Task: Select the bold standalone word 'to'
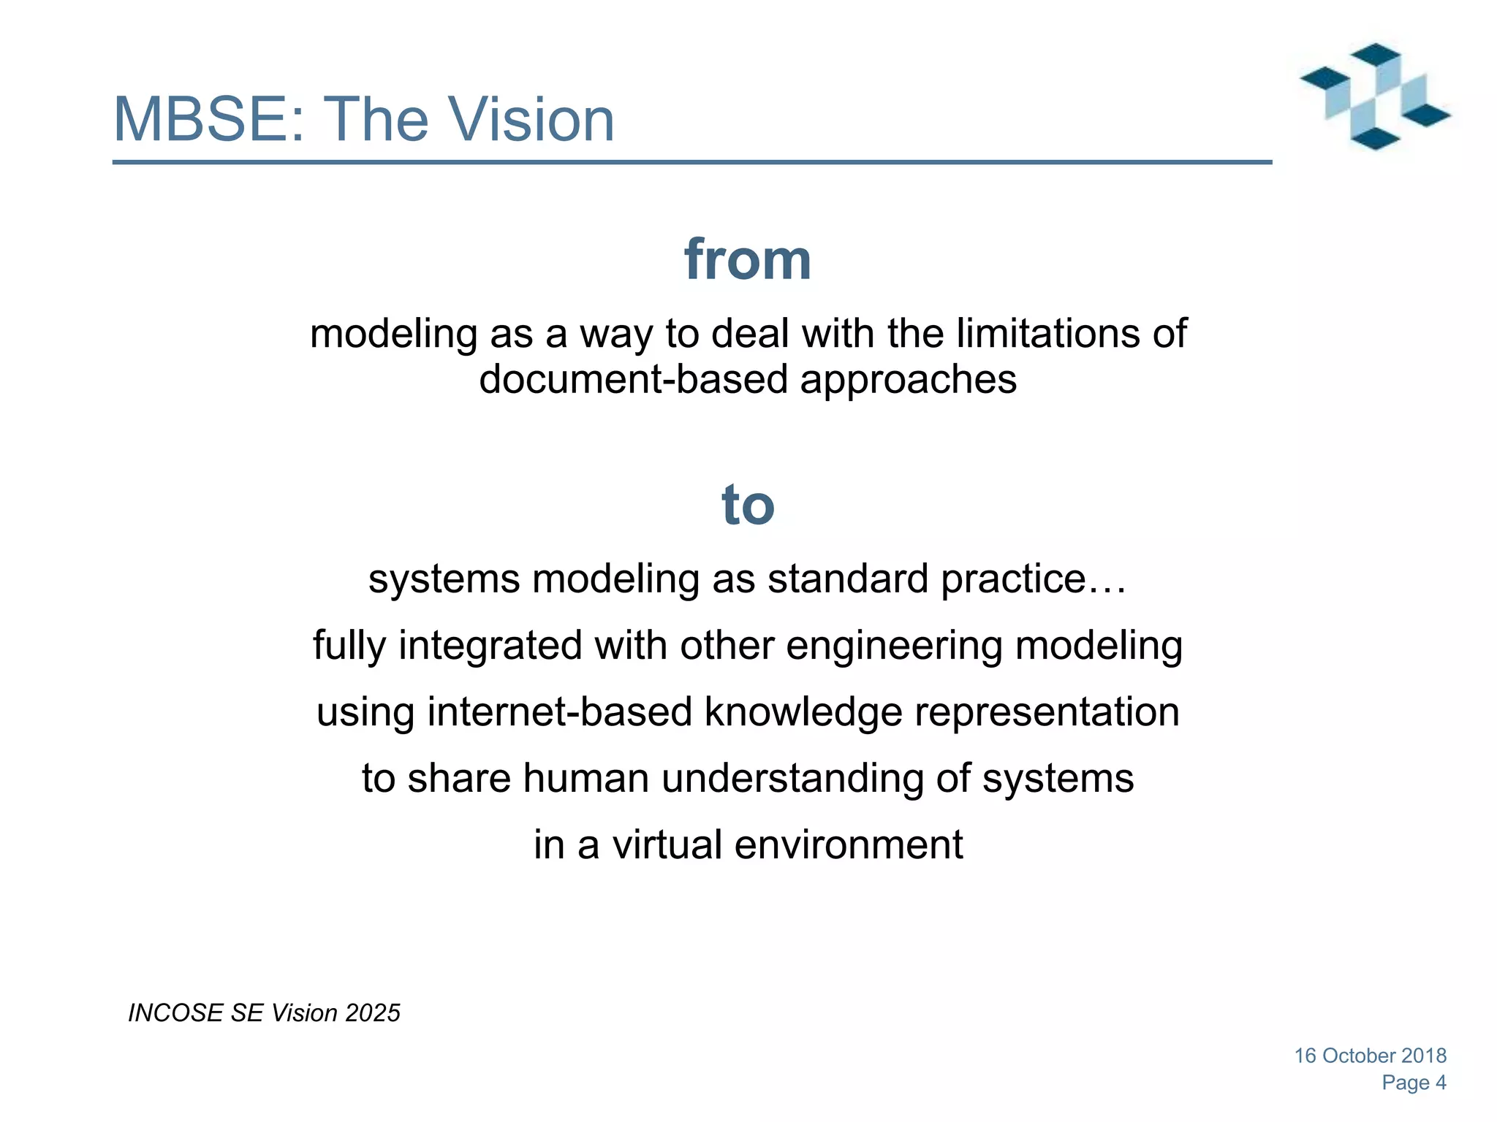coord(748,505)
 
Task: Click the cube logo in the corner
coord(1375,96)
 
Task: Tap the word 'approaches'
coord(908,380)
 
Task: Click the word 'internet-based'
coord(559,712)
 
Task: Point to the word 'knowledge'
coord(803,712)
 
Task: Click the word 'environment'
coord(848,844)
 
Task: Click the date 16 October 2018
coord(1370,1056)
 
